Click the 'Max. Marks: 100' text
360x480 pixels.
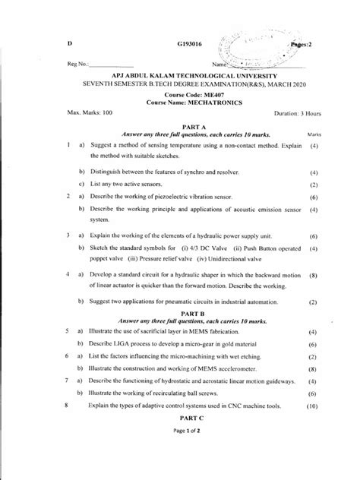(x=88, y=112)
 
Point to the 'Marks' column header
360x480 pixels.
(x=314, y=135)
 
